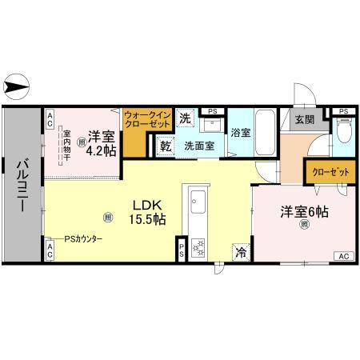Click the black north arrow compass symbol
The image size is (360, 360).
coord(17,82)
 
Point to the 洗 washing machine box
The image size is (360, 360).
coord(185,118)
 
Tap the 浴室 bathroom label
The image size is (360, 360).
coord(241,133)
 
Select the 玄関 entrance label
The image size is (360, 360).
coord(304,120)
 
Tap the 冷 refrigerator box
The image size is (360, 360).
coord(240,252)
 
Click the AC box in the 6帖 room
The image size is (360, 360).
coord(343,256)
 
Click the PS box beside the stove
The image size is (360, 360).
coord(182,249)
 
